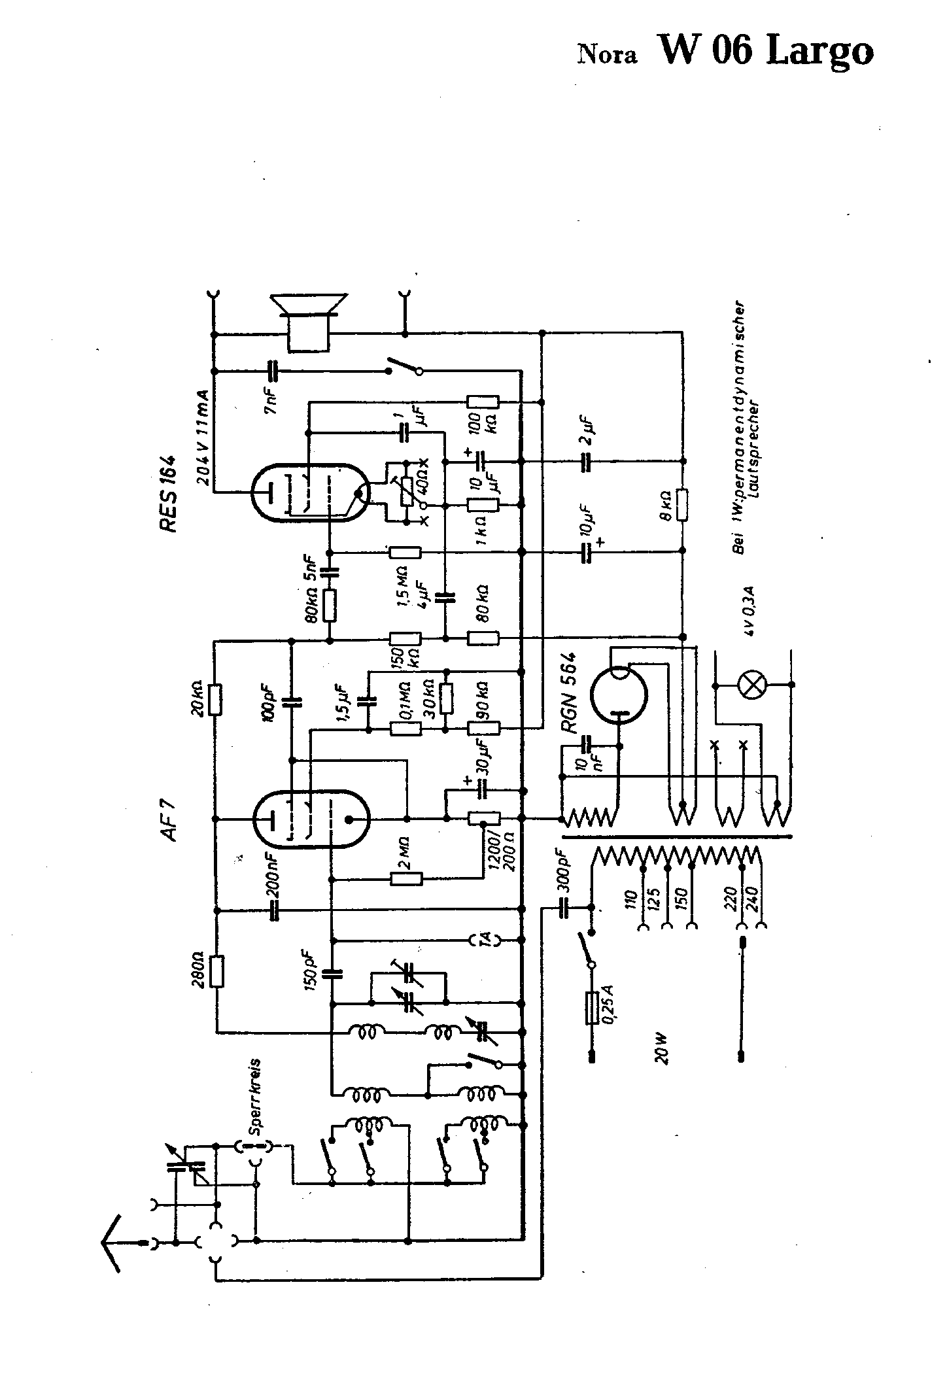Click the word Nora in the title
(606, 56)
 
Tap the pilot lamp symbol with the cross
(752, 685)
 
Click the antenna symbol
(114, 1243)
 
